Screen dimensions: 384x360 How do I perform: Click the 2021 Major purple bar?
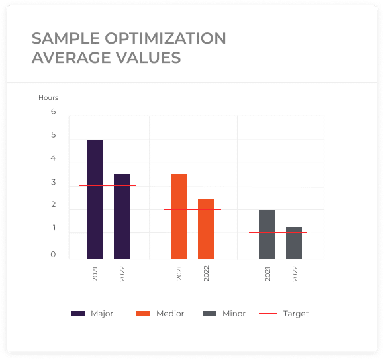(x=95, y=199)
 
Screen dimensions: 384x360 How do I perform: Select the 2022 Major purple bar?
(x=122, y=216)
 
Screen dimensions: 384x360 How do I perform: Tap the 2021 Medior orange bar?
(x=179, y=216)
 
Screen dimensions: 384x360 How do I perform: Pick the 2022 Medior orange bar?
(x=206, y=229)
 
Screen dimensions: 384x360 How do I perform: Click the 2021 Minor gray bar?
(x=267, y=234)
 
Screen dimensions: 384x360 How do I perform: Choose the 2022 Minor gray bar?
(x=294, y=243)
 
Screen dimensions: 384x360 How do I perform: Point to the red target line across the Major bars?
(x=107, y=185)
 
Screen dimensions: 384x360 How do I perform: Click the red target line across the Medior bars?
(x=192, y=210)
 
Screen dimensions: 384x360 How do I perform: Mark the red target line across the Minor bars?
(x=277, y=232)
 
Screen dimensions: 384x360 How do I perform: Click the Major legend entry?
(x=92, y=314)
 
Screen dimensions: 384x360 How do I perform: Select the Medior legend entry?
(x=160, y=314)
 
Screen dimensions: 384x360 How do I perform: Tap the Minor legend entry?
(x=224, y=314)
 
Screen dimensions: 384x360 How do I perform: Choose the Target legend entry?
(x=283, y=314)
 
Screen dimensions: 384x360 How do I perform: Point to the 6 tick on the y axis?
(x=54, y=112)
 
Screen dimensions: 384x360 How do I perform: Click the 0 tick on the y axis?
(x=53, y=255)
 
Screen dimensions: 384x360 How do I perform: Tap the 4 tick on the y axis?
(x=53, y=158)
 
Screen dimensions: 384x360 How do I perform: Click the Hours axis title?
(x=48, y=98)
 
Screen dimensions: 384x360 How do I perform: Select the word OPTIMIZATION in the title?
(x=166, y=38)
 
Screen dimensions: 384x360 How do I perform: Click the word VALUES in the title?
(x=148, y=58)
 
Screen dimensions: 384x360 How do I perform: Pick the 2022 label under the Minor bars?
(x=295, y=273)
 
